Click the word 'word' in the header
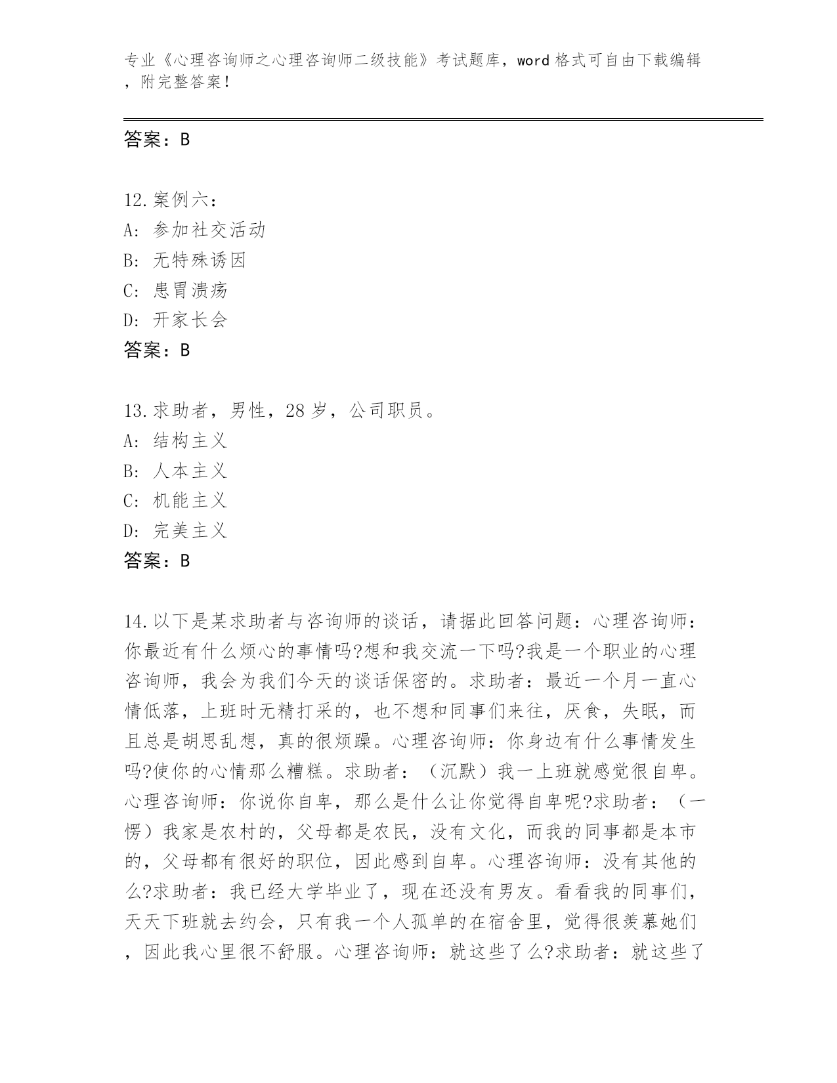(533, 61)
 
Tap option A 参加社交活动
(209, 230)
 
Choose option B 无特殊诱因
(199, 260)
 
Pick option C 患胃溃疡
(190, 290)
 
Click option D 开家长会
(190, 320)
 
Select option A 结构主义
(190, 440)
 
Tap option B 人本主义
(190, 471)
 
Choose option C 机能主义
(190, 501)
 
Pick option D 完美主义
(190, 531)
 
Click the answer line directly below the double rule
(157, 139)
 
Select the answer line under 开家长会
(157, 350)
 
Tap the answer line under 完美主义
(157, 561)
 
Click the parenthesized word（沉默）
(459, 772)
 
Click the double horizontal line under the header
(443, 119)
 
